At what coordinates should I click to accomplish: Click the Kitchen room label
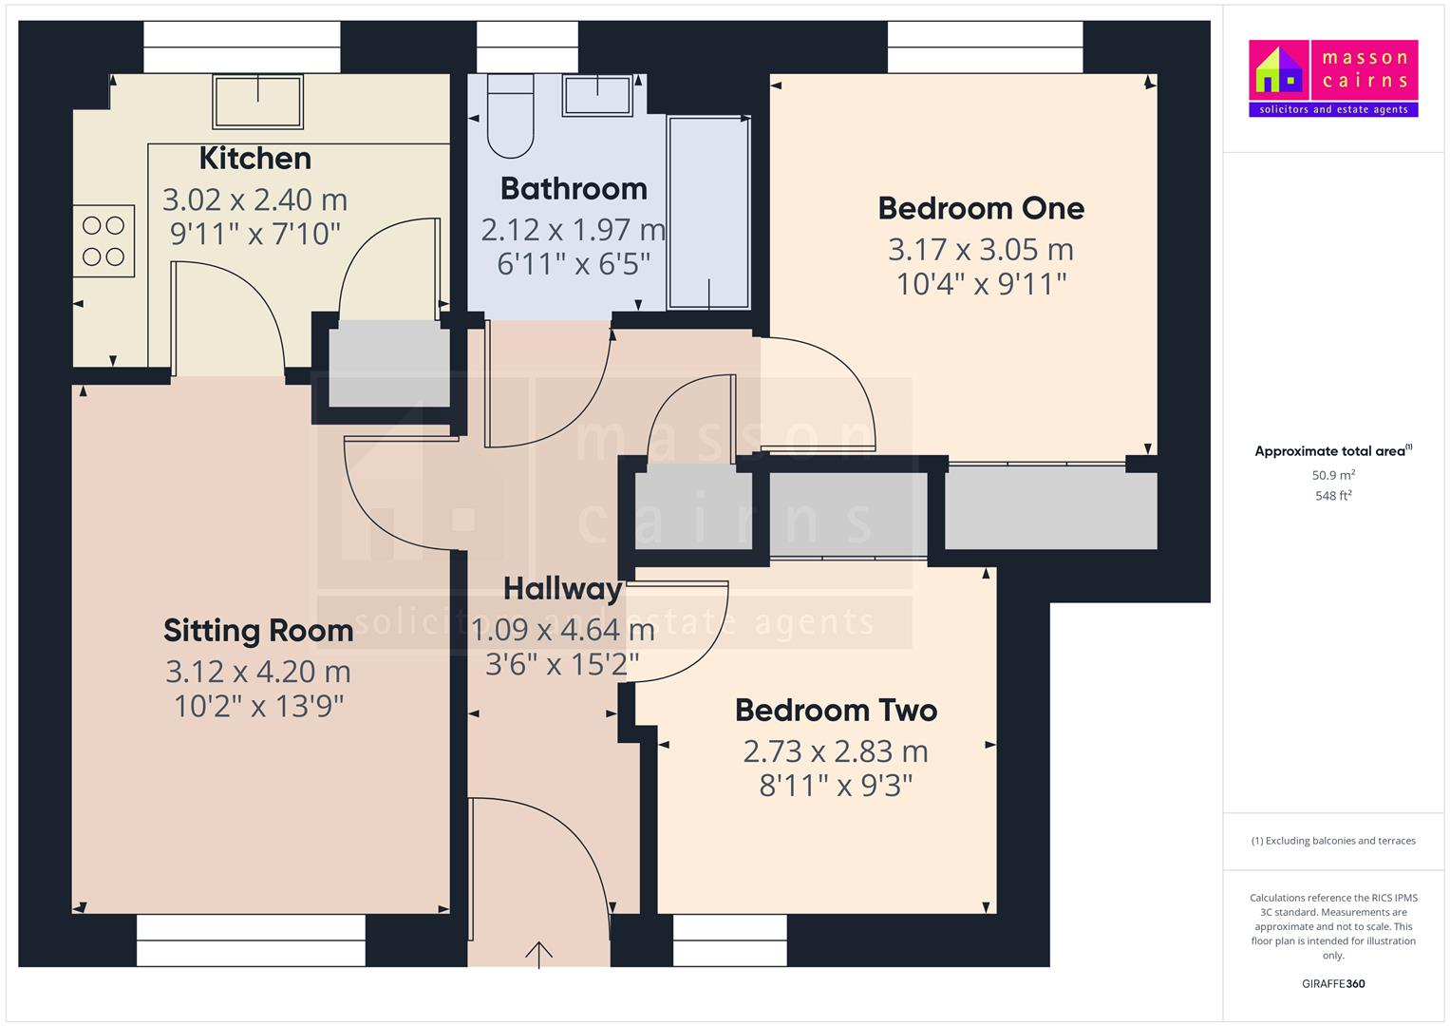click(254, 159)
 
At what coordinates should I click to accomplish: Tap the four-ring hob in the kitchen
click(104, 241)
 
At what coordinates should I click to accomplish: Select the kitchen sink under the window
click(258, 102)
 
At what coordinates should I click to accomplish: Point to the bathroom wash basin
click(597, 96)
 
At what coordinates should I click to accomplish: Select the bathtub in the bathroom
click(708, 213)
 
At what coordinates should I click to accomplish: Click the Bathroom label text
click(574, 189)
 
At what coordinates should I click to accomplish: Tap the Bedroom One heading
click(981, 208)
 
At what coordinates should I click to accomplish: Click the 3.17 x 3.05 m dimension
click(981, 250)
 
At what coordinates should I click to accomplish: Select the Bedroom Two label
click(836, 711)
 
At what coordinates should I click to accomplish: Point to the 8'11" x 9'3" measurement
click(836, 786)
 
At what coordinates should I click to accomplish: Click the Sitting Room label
click(258, 631)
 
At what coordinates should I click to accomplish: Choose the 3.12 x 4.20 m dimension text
click(258, 672)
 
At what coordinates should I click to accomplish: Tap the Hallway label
click(562, 589)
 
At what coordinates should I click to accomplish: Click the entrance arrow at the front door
click(539, 953)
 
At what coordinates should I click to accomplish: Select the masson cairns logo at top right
click(1333, 78)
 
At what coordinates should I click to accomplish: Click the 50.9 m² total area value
click(1333, 475)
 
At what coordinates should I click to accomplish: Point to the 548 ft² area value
click(1333, 496)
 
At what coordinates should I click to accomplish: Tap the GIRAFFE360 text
click(1333, 984)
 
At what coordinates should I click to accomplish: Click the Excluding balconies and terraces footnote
click(1333, 841)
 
